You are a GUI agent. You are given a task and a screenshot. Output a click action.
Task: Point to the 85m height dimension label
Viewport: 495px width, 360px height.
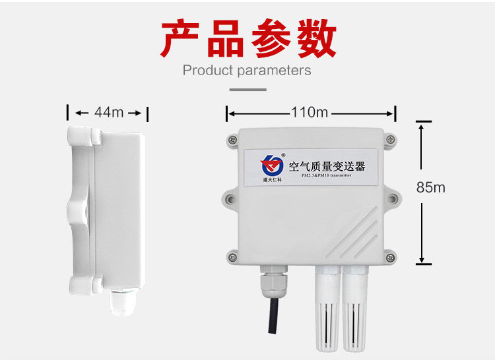(x=430, y=187)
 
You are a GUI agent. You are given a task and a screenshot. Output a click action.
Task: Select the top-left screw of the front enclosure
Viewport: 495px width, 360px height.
(x=233, y=140)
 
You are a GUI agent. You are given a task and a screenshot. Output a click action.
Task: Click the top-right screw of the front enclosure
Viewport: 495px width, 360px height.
(x=391, y=138)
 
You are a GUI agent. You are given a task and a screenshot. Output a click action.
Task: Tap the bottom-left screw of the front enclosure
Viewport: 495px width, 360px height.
(x=232, y=256)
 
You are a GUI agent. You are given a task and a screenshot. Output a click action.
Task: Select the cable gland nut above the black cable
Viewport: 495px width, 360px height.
(x=271, y=280)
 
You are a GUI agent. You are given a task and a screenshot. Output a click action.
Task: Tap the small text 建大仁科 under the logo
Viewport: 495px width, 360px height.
(x=271, y=179)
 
